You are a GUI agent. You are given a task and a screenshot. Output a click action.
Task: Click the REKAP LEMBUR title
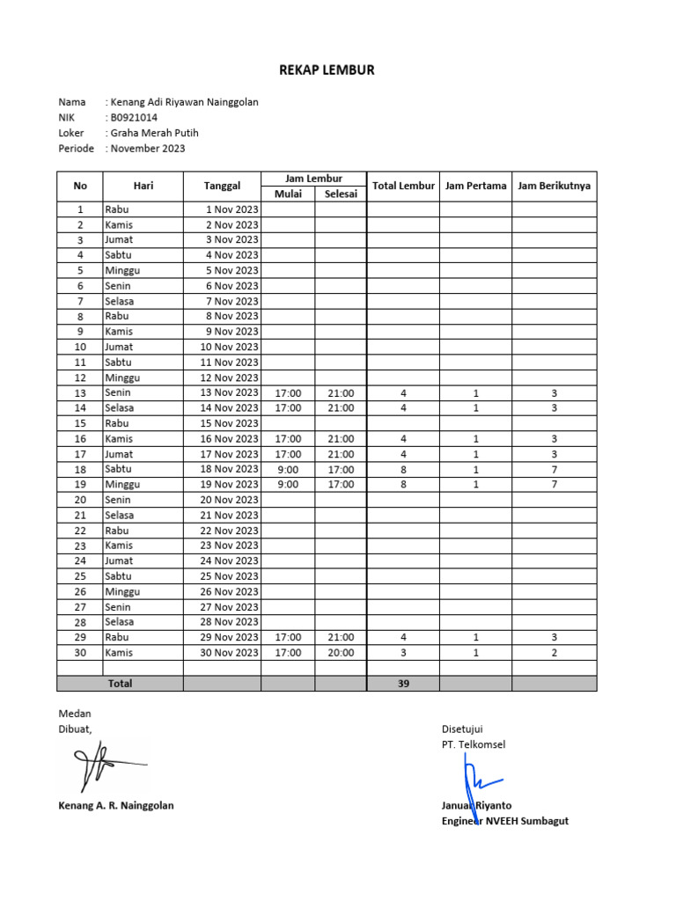[x=327, y=70]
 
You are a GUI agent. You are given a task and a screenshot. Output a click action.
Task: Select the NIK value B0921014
[x=134, y=117]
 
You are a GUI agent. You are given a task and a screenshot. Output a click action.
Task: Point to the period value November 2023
[x=147, y=149]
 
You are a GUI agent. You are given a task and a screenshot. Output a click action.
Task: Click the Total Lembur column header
[x=403, y=186]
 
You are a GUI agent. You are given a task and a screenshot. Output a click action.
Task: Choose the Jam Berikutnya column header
[x=554, y=186]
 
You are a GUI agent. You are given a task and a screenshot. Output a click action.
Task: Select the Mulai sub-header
[x=288, y=194]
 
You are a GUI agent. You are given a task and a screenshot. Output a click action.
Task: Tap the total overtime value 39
[x=403, y=684]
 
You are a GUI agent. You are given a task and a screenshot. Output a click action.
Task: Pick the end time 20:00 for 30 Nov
[x=341, y=653]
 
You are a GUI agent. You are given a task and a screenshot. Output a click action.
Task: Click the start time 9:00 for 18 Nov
[x=288, y=469]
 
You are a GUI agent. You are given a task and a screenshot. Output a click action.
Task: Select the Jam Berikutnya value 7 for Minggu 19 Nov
[x=554, y=485]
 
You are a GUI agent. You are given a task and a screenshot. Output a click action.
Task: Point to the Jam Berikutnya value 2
[x=554, y=653]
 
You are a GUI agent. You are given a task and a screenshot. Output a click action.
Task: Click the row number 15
[x=80, y=423]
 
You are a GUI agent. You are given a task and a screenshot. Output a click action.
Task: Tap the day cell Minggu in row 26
[x=122, y=591]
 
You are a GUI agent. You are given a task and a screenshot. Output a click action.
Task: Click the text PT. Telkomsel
[x=474, y=744]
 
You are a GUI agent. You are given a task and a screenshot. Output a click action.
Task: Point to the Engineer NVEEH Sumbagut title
[x=504, y=821]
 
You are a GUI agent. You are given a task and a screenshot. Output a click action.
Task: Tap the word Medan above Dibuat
[x=74, y=714]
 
